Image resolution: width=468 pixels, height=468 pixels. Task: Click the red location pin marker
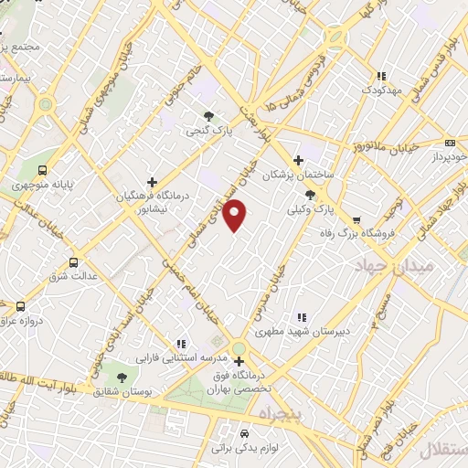[x=236, y=215]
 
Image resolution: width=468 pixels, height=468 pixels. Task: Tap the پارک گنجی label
[x=207, y=132]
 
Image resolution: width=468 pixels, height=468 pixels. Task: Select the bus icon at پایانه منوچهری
[x=42, y=169]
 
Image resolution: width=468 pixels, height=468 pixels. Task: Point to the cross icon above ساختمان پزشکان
[x=298, y=159]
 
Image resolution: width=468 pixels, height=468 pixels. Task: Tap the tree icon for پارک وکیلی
[x=311, y=194]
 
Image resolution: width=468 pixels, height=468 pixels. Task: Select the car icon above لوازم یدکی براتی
[x=244, y=433]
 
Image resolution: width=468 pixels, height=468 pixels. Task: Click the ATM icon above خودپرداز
[x=449, y=143]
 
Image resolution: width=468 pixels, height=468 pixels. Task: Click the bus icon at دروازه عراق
[x=20, y=307]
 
